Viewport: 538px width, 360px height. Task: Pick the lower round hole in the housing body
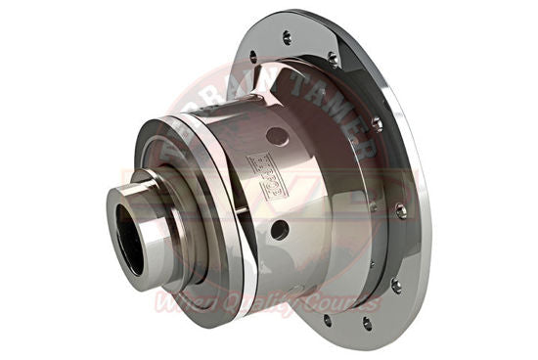pos(281,231)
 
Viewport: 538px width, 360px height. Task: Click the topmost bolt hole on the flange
pos(287,38)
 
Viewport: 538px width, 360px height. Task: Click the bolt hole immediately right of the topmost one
pos(334,60)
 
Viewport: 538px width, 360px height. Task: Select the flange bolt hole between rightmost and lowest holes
pos(395,285)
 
